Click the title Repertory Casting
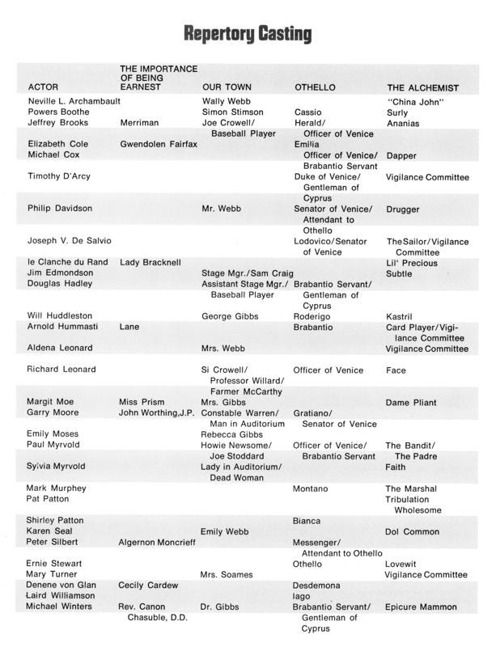coord(247,33)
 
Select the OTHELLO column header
coord(315,87)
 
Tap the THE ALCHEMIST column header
coord(423,87)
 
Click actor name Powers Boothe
coord(59,112)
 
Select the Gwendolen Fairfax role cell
coord(158,144)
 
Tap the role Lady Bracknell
coord(150,263)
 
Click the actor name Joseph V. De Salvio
coord(70,241)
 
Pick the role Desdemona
coord(316,585)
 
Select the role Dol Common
coord(413,531)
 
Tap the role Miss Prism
coord(142,401)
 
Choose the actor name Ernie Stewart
coord(58,563)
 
